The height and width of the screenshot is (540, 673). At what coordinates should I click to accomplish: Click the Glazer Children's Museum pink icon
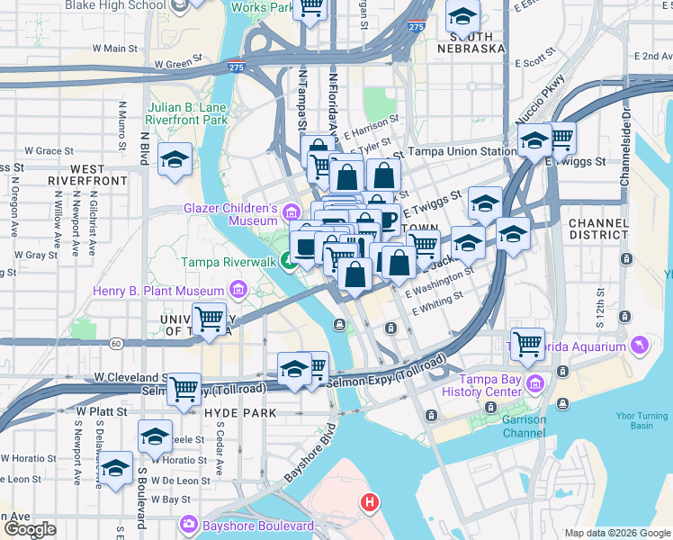(291, 213)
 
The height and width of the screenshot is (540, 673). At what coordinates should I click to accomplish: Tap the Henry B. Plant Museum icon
(238, 290)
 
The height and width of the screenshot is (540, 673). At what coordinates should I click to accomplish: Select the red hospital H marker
(368, 503)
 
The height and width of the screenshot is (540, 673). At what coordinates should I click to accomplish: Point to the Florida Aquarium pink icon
(639, 346)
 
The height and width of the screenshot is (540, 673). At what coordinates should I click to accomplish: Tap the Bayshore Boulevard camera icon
(189, 525)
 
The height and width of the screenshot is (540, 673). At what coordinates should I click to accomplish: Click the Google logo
(29, 529)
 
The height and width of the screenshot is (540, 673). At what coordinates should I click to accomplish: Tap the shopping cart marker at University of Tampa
(210, 319)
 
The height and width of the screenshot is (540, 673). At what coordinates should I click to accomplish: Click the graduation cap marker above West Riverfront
(174, 160)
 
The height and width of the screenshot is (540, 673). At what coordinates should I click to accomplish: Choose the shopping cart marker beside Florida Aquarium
(526, 342)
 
